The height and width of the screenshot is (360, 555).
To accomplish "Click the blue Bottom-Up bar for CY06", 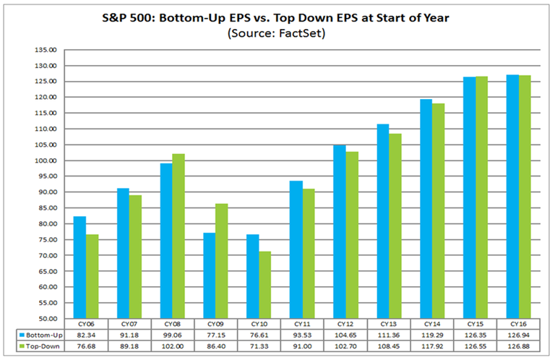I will tap(80, 267).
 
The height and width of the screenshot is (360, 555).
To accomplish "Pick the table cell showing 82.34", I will tap(87, 335).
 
